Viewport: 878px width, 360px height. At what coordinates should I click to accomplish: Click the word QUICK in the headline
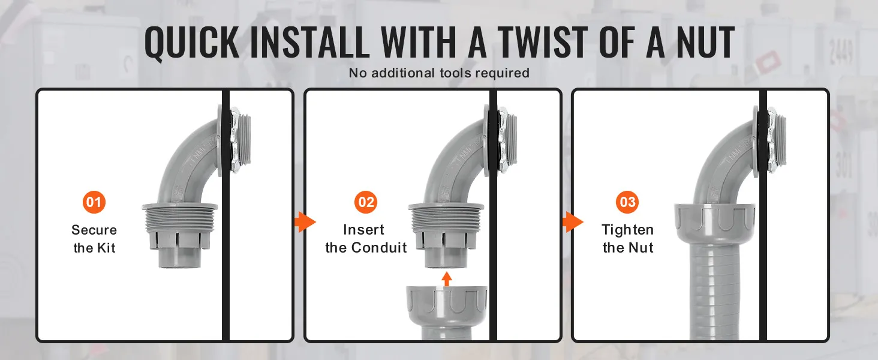pos(192,43)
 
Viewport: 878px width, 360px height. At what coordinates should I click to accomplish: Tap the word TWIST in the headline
pos(543,43)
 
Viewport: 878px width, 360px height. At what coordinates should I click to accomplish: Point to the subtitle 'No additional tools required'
pos(439,73)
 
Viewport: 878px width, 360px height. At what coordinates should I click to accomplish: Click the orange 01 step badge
pos(94,202)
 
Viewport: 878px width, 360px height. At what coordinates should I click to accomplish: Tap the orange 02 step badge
pos(366,202)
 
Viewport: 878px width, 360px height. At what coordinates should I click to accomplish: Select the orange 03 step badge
pos(627,202)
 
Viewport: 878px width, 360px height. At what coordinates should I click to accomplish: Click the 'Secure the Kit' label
pos(94,238)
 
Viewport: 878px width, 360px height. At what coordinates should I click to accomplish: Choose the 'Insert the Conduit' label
pos(366,238)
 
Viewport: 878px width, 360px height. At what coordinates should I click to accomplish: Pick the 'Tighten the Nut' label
pos(627,238)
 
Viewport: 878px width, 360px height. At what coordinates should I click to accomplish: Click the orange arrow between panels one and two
pos(305,222)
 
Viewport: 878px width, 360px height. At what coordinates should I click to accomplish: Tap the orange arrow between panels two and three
pos(573,222)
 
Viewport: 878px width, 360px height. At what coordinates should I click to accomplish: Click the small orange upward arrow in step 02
pos(446,279)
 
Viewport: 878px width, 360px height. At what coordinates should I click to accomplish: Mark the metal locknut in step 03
pos(771,140)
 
